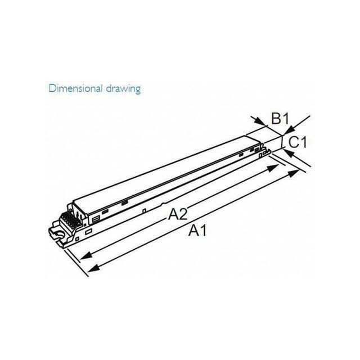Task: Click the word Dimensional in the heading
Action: click(x=75, y=88)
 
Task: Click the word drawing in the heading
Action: click(x=123, y=89)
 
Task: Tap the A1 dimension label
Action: click(x=197, y=231)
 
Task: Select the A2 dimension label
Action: click(x=178, y=214)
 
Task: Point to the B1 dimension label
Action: click(x=280, y=119)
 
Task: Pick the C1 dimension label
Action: click(x=298, y=142)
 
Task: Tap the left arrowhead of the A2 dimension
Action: click(x=85, y=256)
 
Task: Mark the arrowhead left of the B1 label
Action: click(x=262, y=122)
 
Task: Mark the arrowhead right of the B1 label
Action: click(x=289, y=130)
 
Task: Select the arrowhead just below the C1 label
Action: click(x=289, y=153)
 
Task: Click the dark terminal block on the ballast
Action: click(x=71, y=220)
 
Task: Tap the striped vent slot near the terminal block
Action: click(x=95, y=220)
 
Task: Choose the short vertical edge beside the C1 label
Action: click(x=281, y=142)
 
